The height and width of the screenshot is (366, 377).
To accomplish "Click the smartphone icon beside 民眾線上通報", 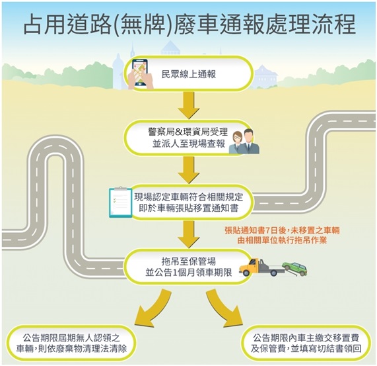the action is tap(141, 73).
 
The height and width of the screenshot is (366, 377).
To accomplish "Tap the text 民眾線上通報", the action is tap(189, 74).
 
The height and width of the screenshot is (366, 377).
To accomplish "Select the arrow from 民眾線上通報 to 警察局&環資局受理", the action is tap(189, 105).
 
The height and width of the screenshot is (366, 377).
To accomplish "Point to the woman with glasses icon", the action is tap(236, 143).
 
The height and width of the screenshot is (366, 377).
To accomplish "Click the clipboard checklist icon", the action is tap(121, 202).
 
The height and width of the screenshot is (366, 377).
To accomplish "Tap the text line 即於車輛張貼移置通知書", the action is tap(189, 208).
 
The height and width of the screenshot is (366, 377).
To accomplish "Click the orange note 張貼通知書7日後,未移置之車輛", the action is tap(282, 230).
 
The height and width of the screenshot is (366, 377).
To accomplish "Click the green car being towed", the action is tap(294, 268).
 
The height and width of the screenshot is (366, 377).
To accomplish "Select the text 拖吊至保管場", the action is tap(189, 261).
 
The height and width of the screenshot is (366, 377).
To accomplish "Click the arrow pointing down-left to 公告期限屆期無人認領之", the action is tap(151, 309).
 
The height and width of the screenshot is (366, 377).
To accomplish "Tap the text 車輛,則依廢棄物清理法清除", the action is tap(71, 348).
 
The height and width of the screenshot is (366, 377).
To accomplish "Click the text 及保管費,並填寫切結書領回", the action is tap(306, 348).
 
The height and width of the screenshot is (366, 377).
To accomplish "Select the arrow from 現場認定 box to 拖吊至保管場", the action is tap(189, 234).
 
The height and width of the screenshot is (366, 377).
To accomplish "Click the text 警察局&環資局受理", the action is tap(188, 132).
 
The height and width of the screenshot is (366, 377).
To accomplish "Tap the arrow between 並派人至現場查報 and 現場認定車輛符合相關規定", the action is tap(189, 170).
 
